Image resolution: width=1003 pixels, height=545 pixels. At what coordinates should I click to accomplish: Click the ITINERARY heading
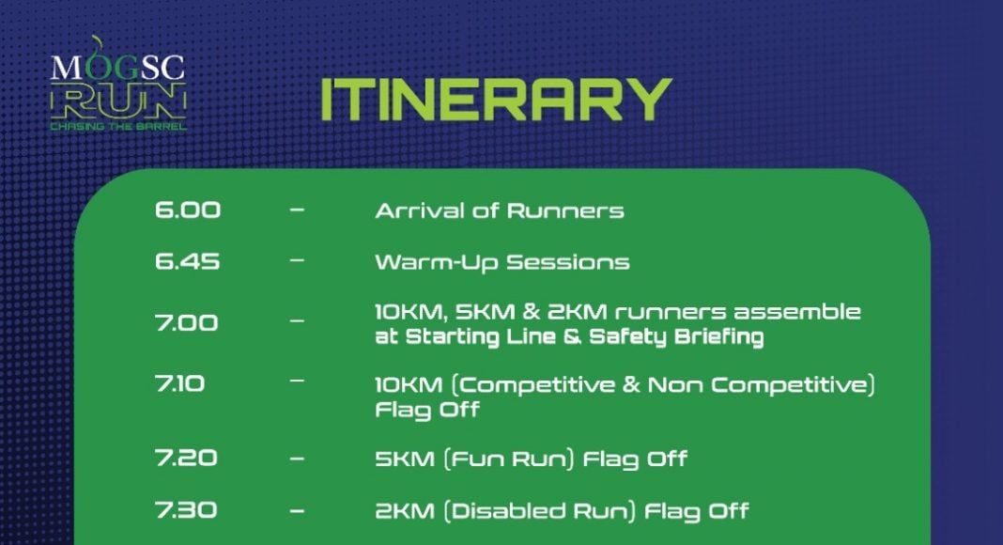click(496, 100)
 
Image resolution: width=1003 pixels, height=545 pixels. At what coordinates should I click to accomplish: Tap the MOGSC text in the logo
click(117, 67)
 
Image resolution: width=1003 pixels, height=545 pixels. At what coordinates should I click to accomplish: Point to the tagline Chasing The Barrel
click(119, 127)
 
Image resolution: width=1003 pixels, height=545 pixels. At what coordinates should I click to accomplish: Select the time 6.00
click(188, 210)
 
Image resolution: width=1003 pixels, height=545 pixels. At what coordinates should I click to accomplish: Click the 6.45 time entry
click(187, 261)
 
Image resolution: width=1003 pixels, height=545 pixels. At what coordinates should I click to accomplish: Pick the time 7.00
click(186, 322)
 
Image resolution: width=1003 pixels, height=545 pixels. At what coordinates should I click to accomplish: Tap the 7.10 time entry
click(179, 383)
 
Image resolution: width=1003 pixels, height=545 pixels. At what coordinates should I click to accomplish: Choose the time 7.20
click(186, 458)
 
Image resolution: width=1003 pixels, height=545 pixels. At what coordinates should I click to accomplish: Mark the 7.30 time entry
click(186, 510)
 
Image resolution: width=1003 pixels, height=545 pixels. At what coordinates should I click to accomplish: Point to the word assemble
click(796, 312)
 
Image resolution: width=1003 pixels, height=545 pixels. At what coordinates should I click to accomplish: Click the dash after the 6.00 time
click(297, 210)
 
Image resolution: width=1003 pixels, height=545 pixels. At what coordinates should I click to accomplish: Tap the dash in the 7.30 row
click(297, 511)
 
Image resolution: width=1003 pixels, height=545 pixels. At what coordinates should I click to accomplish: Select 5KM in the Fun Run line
click(405, 459)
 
